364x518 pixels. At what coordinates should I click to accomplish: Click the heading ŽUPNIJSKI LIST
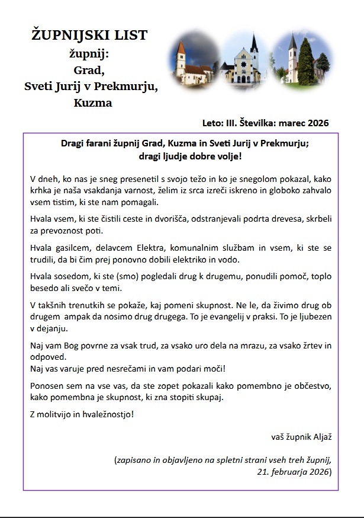pos(89,36)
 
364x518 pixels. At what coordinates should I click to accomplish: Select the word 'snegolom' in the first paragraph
pos(247,178)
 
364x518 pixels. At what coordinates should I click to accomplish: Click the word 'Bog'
pos(73,345)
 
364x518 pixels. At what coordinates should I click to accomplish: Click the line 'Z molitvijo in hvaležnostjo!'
pos(82,413)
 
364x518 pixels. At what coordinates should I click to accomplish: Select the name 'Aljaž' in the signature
pos(320,437)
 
